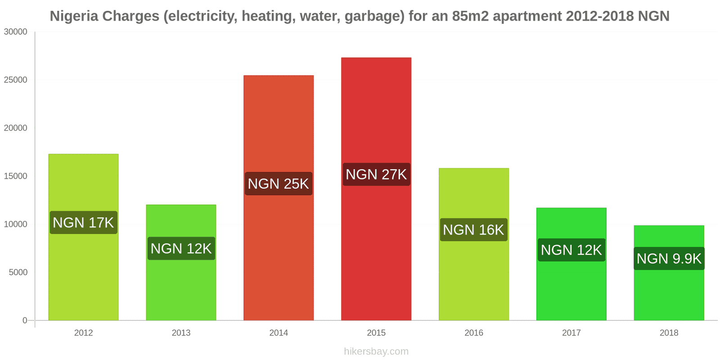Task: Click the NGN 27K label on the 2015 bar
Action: click(x=376, y=174)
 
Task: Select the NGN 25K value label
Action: click(x=279, y=184)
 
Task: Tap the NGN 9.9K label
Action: click(x=669, y=259)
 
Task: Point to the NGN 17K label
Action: click(x=83, y=222)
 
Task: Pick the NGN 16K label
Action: click(x=473, y=230)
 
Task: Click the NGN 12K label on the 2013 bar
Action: click(x=181, y=248)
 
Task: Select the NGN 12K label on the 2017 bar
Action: click(x=571, y=250)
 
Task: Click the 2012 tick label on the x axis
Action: click(x=83, y=333)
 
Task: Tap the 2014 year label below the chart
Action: click(x=279, y=333)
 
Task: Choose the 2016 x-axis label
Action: click(x=473, y=333)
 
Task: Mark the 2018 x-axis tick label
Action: click(x=669, y=333)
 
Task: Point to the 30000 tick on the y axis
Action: click(x=16, y=32)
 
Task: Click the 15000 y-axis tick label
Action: click(x=16, y=176)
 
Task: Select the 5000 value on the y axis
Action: click(x=18, y=273)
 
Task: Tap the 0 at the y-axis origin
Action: click(x=25, y=320)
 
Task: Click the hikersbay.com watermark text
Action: click(x=376, y=351)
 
